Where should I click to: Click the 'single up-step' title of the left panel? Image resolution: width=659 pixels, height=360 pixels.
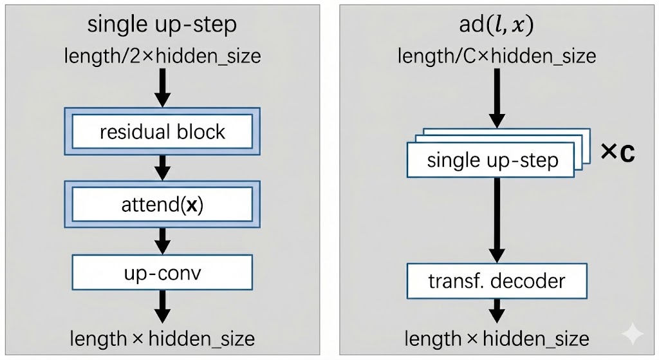tap(162, 25)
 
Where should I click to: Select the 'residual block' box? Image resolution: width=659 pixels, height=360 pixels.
tap(162, 133)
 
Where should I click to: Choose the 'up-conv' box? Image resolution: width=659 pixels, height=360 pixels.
tap(162, 273)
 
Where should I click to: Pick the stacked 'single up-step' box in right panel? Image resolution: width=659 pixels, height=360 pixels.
tap(492, 160)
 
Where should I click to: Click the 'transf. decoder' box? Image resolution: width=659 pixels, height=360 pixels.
tap(497, 281)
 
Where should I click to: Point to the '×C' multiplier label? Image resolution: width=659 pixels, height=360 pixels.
tap(617, 153)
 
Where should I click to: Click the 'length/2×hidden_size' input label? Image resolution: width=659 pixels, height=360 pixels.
tap(162, 56)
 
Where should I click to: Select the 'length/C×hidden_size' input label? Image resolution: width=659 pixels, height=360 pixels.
tap(497, 56)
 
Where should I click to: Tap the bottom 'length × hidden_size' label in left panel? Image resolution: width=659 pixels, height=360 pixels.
tap(162, 339)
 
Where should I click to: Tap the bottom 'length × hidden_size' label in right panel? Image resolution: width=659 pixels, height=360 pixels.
tap(497, 339)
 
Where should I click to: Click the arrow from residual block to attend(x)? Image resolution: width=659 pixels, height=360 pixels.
tap(163, 168)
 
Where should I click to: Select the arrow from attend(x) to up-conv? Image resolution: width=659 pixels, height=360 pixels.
tap(163, 240)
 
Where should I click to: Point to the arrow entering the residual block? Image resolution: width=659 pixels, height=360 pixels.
tap(163, 88)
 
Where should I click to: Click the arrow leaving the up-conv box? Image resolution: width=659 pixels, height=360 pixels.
tap(163, 307)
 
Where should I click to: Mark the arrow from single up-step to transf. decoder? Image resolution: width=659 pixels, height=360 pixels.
tap(497, 219)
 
